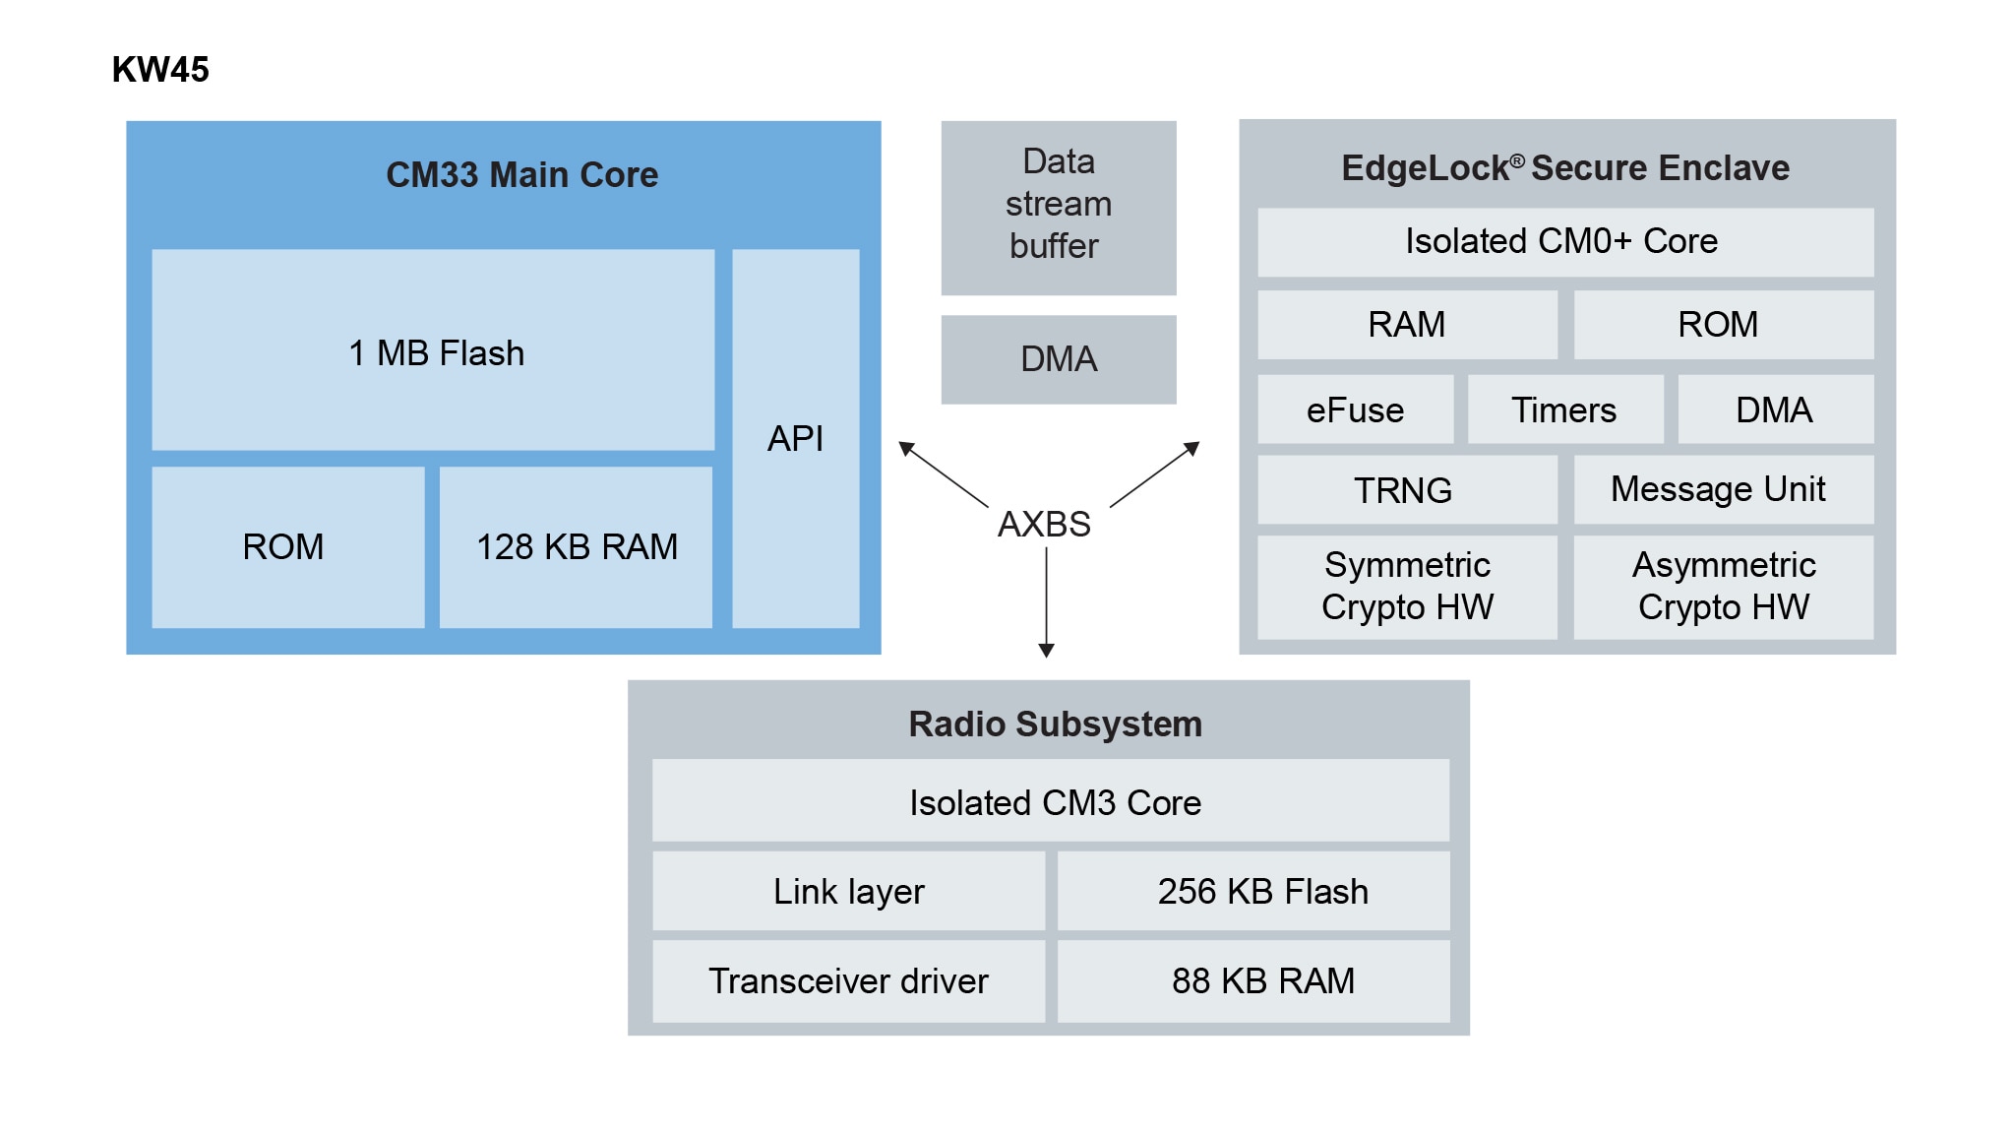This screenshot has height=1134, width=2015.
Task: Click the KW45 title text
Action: click(160, 70)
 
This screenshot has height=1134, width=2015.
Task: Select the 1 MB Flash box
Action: click(433, 350)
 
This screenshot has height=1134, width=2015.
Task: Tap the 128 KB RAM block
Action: click(576, 547)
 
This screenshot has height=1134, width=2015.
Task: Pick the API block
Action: click(795, 438)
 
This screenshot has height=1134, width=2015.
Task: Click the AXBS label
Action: click(1044, 524)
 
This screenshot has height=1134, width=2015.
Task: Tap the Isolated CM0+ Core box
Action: click(1564, 242)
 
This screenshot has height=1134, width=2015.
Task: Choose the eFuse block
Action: click(1355, 409)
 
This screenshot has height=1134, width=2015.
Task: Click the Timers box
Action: click(1564, 409)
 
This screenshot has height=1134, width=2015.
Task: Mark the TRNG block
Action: click(1406, 489)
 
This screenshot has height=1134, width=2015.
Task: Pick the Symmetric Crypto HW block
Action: click(1407, 587)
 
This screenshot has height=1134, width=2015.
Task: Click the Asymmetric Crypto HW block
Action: click(1723, 587)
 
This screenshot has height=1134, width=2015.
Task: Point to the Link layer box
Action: click(848, 891)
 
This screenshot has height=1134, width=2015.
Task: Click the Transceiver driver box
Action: click(848, 980)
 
